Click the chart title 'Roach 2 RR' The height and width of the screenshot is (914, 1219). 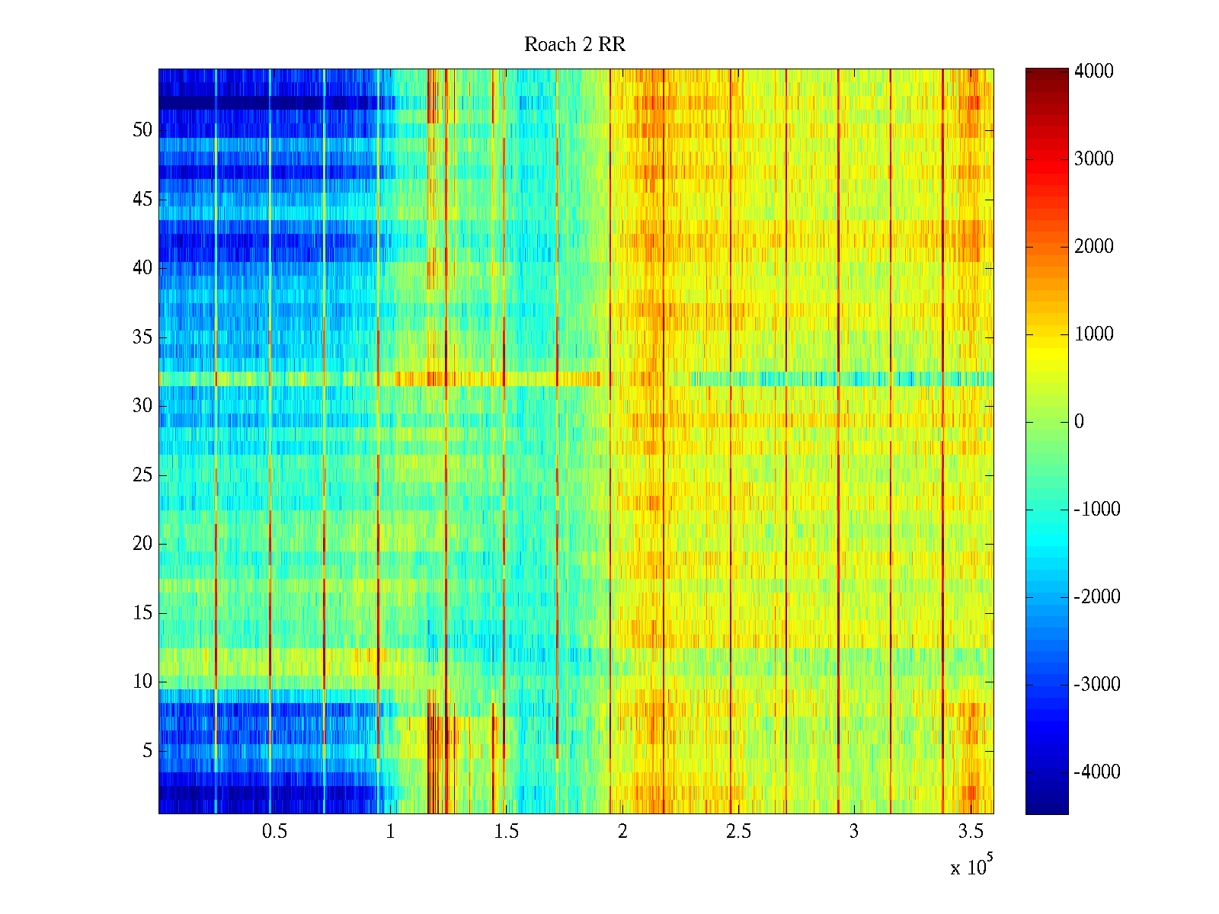574,45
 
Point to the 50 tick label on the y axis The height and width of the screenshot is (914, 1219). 142,130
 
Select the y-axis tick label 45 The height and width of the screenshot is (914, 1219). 142,200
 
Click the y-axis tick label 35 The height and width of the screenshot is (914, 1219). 142,337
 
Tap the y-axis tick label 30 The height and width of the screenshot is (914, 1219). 142,406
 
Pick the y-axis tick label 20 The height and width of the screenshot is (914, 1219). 142,544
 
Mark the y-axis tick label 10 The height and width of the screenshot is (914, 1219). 142,682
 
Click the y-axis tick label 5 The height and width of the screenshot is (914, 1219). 147,751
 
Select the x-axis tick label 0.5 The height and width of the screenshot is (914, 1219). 274,832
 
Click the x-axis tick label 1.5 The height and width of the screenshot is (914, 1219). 506,832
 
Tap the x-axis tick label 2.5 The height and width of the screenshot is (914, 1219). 738,832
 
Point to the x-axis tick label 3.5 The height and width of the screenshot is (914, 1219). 970,832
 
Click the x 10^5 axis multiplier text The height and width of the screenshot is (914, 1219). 971,867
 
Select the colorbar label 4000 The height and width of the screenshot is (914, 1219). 1093,72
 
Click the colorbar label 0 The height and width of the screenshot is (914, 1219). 1079,422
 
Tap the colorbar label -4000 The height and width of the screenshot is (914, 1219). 1096,772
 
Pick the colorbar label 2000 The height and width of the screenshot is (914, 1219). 1093,247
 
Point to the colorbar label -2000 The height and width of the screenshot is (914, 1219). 1096,597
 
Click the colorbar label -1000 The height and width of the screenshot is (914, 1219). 1096,510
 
